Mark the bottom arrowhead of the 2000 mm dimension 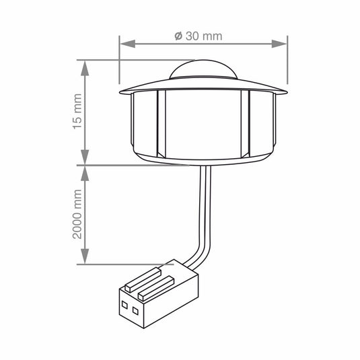(x=85, y=259)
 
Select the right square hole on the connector (x=135, y=310)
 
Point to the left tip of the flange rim (x=119, y=90)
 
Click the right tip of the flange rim (x=287, y=90)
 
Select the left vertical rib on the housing (x=161, y=124)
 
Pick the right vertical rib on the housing (x=245, y=124)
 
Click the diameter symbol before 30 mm (x=178, y=36)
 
